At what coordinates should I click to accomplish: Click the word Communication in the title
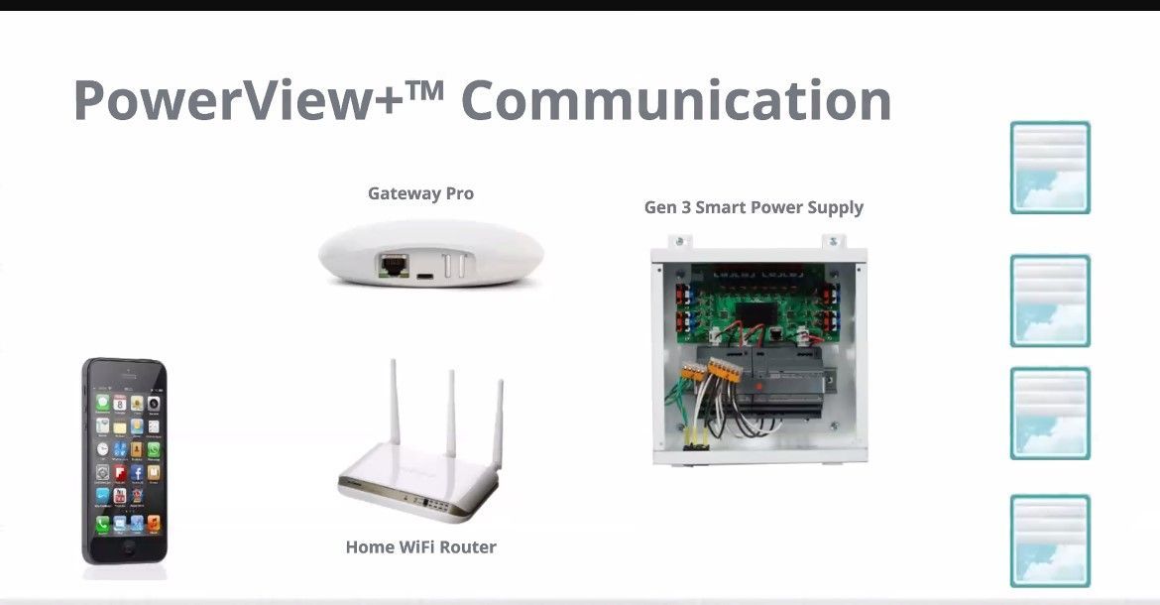coord(676,101)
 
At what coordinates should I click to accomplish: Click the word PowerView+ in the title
coord(238,101)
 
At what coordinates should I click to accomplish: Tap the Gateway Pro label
coord(420,193)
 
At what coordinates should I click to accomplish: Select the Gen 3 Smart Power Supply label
coord(754,207)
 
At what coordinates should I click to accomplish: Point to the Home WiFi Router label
coord(420,546)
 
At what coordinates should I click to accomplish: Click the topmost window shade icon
coord(1050,168)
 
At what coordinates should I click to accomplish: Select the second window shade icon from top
coord(1050,301)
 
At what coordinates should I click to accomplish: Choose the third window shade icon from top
coord(1050,414)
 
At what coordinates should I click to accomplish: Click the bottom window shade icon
coord(1050,541)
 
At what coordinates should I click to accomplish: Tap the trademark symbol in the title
coord(428,86)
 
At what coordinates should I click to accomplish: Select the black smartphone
coord(124,461)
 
